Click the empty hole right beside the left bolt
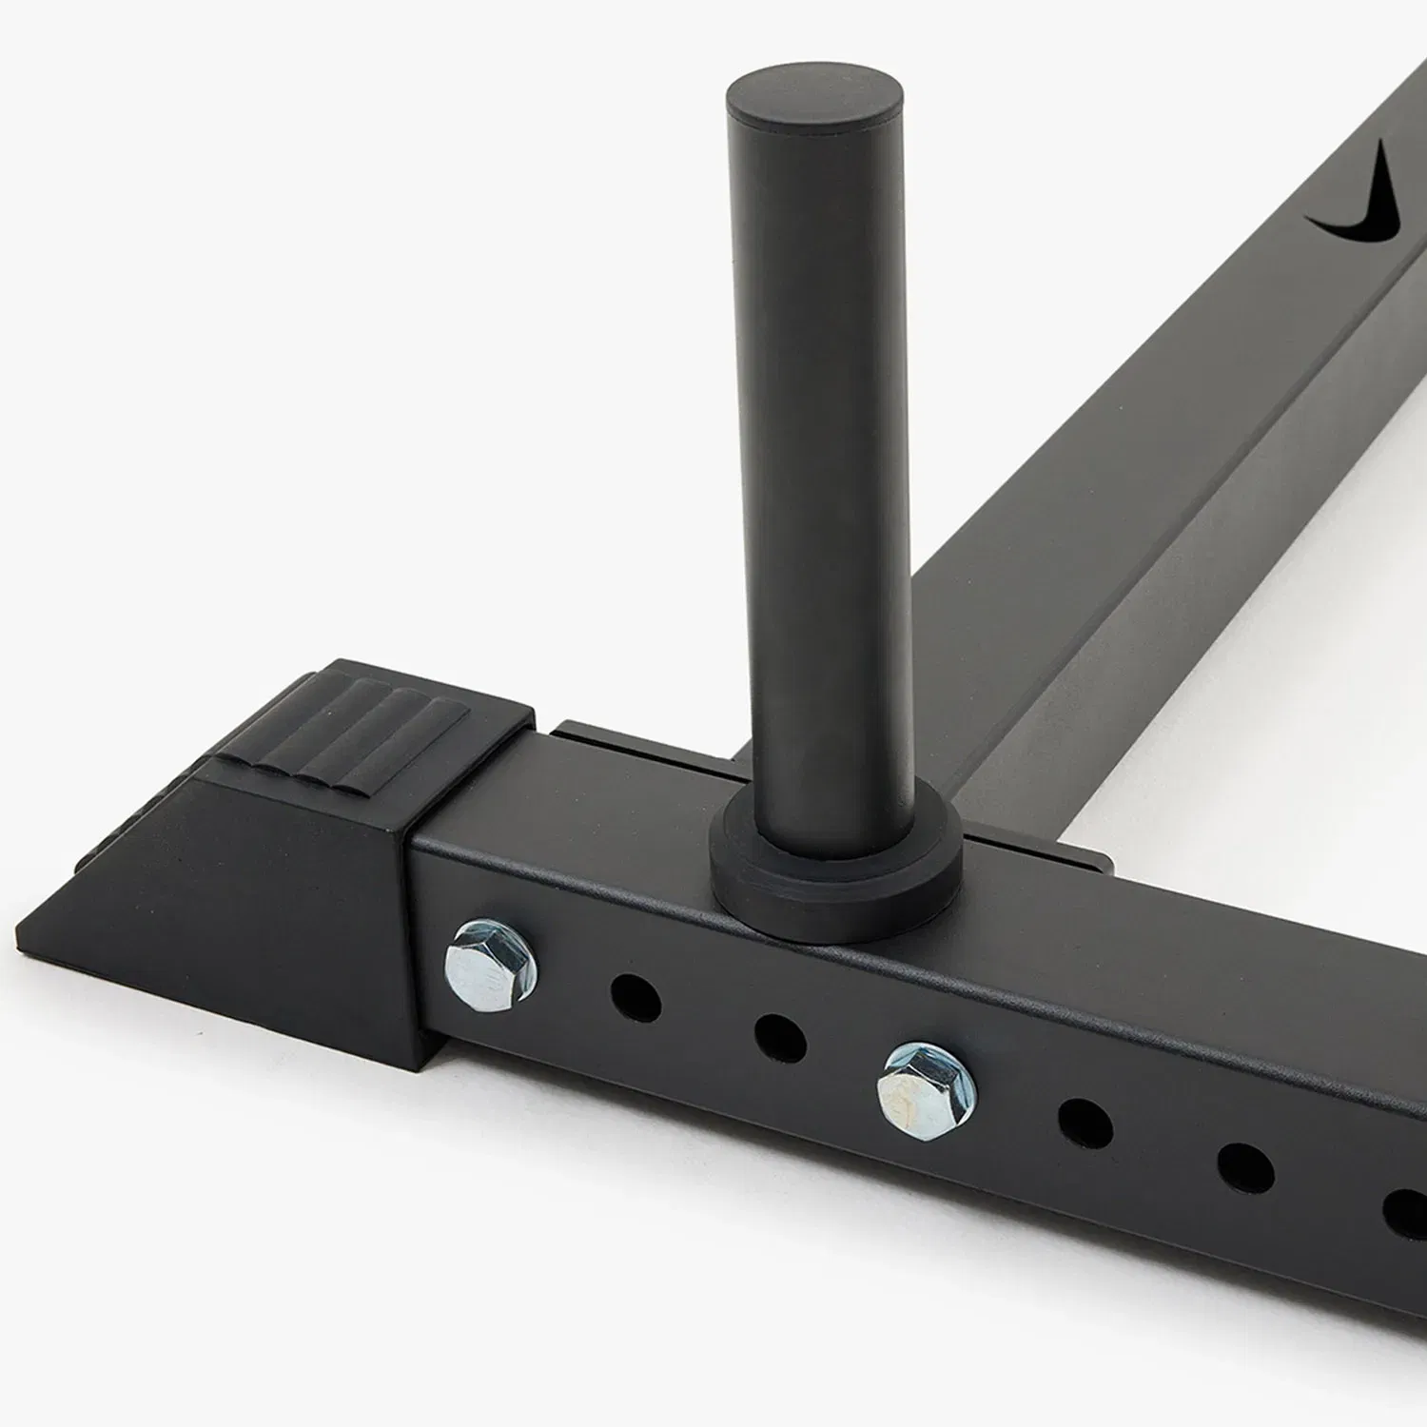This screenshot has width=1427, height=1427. (x=635, y=997)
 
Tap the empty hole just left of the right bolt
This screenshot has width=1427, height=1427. (x=780, y=1038)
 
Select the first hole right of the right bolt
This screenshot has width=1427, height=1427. (x=1085, y=1123)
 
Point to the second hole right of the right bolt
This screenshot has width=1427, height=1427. (x=1244, y=1168)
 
